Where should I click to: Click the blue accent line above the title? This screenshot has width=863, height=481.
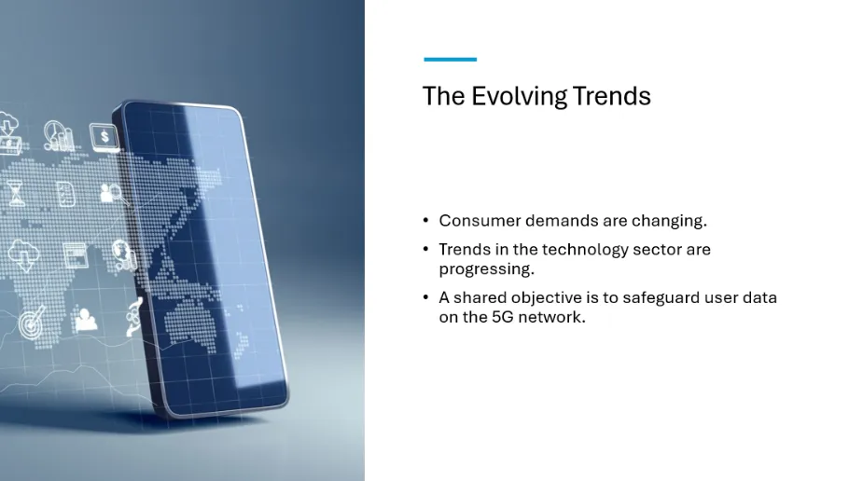click(451, 60)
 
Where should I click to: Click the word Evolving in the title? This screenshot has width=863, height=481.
click(519, 97)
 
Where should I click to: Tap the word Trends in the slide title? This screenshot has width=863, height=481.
click(611, 96)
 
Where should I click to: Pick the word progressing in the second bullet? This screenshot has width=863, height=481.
click(486, 269)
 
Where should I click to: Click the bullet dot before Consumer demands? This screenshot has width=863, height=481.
click(426, 220)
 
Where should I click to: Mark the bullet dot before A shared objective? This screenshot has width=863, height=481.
click(426, 297)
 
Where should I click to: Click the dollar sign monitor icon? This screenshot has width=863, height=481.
click(104, 136)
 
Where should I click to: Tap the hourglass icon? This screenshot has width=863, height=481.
click(16, 193)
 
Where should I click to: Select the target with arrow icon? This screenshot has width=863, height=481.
click(32, 322)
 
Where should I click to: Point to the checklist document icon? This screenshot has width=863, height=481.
click(66, 194)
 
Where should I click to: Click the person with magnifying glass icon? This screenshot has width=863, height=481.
click(112, 194)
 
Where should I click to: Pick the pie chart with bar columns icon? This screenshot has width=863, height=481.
click(59, 136)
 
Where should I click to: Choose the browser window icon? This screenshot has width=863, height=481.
click(76, 255)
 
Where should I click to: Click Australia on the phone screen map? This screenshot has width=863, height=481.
click(191, 325)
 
